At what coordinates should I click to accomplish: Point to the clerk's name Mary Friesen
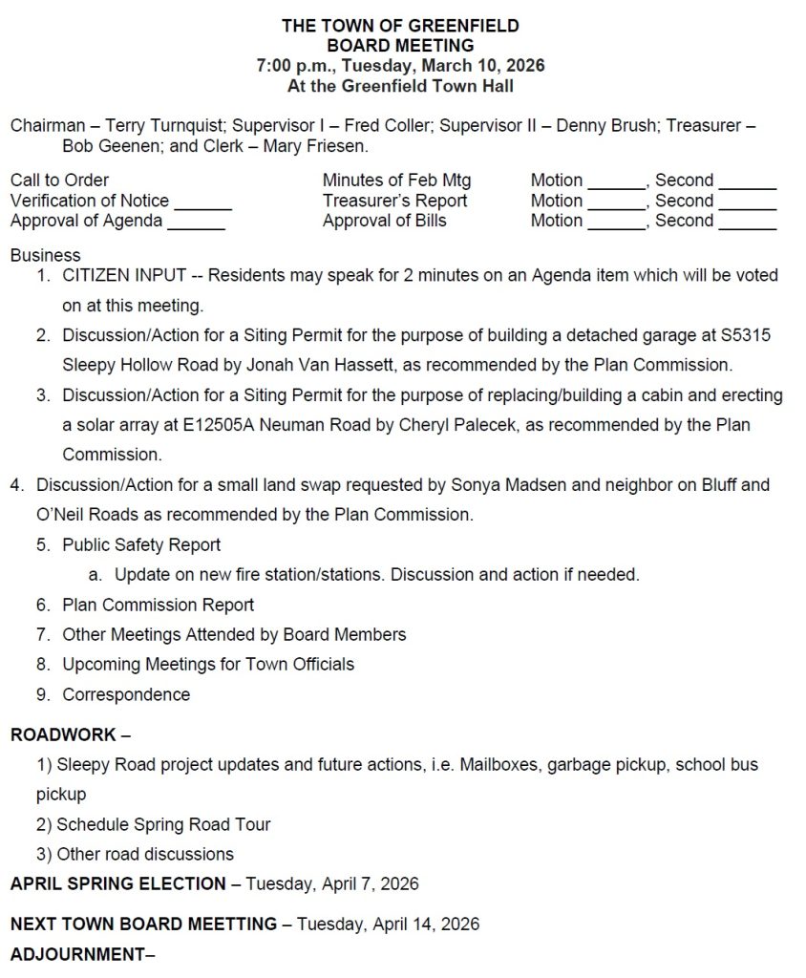[x=323, y=147]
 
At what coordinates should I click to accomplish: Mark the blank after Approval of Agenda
[x=196, y=223]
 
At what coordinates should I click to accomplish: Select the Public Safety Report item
[x=141, y=545]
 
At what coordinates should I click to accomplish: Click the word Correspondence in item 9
[x=126, y=695]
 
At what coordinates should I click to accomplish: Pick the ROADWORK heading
[x=63, y=735]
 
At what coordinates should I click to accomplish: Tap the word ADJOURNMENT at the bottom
[x=76, y=954]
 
